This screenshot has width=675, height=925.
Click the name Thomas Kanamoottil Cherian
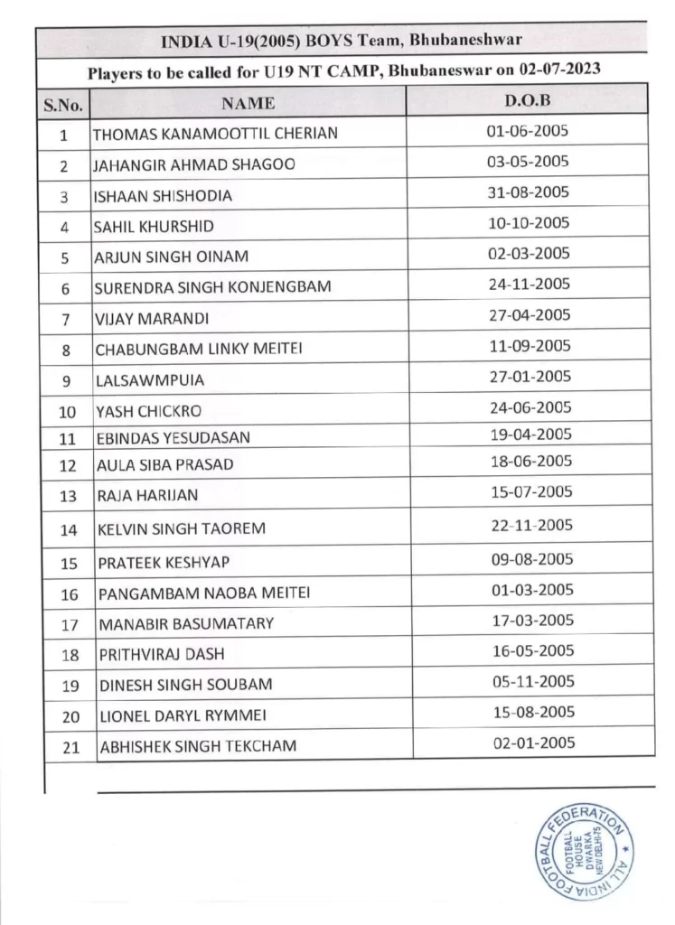click(x=216, y=134)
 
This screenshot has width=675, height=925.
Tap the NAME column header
click(x=248, y=103)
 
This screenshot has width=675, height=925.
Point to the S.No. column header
click(x=63, y=105)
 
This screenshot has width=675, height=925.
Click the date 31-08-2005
click(x=529, y=191)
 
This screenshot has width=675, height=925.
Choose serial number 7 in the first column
click(x=64, y=318)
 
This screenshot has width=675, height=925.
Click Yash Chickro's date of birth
click(x=530, y=406)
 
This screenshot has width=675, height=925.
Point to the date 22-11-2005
click(x=530, y=525)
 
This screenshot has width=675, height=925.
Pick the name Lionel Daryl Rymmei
click(x=181, y=715)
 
